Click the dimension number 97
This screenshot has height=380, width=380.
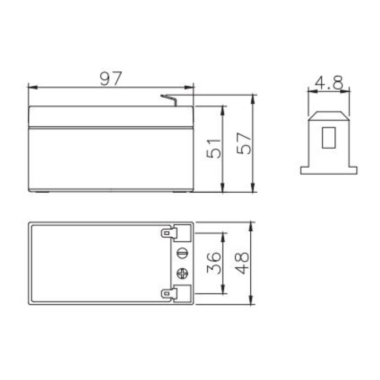pos(111,78)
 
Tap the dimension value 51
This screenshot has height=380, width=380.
pos(216,148)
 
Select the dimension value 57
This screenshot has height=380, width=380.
pos(246,143)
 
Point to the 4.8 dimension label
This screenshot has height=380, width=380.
pos(329,83)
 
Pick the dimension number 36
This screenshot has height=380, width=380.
pos(216,263)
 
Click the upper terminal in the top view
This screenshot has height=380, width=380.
pos(169,233)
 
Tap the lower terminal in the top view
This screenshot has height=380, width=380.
pos(169,293)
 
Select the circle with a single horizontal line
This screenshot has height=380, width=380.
pos(183,252)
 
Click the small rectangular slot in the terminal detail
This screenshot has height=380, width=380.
pos(328,137)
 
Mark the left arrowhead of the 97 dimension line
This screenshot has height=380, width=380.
pos(31,86)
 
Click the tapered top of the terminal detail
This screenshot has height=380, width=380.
pos(328,115)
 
